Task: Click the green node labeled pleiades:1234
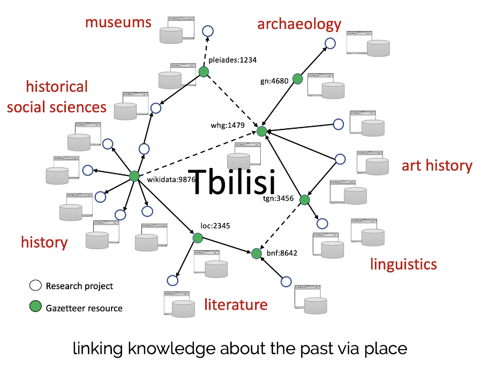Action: pos(204,72)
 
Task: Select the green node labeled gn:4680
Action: pos(297,79)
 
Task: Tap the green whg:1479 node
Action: pos(261,131)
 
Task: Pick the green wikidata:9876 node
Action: pos(134,176)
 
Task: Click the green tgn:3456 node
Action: pos(304,200)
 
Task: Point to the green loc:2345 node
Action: pos(198,237)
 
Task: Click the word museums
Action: pos(118,22)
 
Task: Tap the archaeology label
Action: pos(299,24)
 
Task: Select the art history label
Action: pos(437,166)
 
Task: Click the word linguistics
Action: pos(403,264)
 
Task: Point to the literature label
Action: pos(235,305)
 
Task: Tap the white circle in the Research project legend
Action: pos(35,286)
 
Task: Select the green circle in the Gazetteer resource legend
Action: pos(35,307)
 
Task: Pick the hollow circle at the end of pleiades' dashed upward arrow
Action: pos(208,31)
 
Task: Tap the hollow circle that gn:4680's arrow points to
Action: pos(330,43)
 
